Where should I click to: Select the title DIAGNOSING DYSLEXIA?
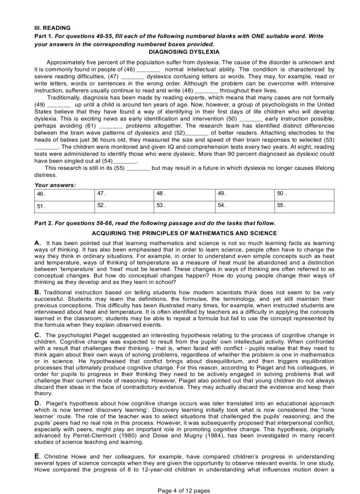(x=184, y=52)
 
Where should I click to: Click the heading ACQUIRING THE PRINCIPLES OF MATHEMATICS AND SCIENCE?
(x=184, y=233)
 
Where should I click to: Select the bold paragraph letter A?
(x=38, y=242)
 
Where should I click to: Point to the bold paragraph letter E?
(x=37, y=455)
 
